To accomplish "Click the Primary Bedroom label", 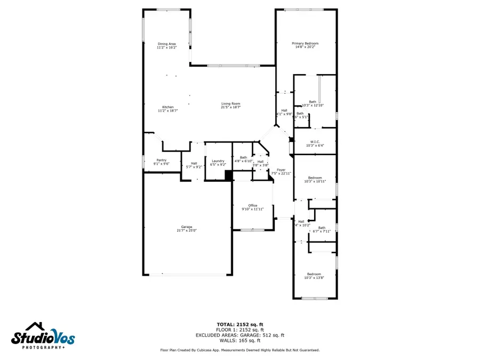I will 305,43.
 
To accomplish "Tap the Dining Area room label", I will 167,44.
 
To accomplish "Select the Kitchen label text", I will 167,107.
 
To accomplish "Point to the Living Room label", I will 231,103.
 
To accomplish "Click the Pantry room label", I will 161,160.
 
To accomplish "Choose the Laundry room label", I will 217,161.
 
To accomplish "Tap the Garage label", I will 186,227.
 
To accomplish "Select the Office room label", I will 253,205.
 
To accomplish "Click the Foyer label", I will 281,170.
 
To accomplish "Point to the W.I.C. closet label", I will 314,141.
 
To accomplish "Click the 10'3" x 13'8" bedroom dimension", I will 314,278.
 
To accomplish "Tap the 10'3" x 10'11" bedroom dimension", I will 315,181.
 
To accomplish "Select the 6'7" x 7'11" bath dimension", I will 322,231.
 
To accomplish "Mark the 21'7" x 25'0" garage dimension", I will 186,230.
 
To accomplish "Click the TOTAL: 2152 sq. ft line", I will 239,324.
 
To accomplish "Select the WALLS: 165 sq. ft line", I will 239,340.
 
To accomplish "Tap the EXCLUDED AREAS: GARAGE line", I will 239,335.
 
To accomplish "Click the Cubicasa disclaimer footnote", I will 240,350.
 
